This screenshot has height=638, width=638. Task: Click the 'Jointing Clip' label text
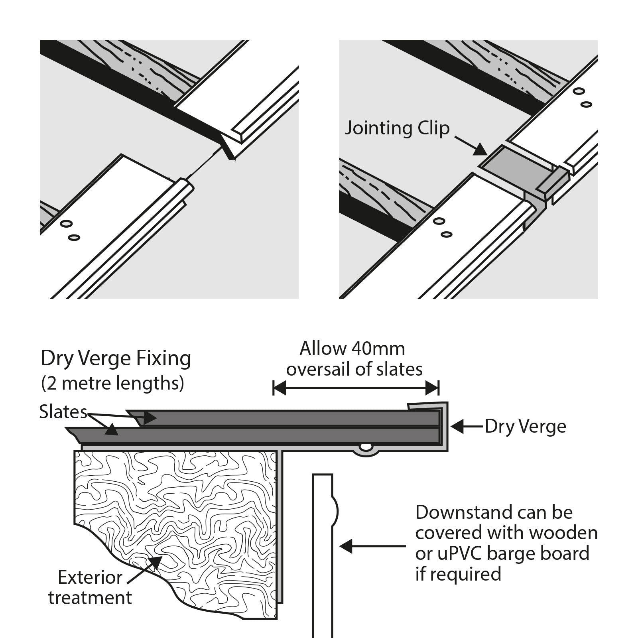[397, 128]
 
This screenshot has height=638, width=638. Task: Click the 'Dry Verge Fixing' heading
[116, 358]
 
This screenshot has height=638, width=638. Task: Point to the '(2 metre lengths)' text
[112, 383]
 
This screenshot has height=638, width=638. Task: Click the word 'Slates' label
[63, 412]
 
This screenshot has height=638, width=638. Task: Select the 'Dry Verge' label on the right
[525, 427]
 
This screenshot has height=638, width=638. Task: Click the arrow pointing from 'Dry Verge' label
[467, 427]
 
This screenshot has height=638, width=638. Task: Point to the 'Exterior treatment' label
[90, 587]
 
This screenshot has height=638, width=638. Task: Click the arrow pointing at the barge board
[373, 546]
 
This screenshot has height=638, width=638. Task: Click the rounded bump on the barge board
[335, 511]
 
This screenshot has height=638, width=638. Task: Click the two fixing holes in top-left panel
[69, 230]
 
